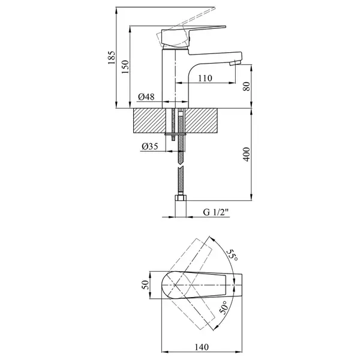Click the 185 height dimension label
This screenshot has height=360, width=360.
(111, 58)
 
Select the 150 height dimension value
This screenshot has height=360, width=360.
(125, 67)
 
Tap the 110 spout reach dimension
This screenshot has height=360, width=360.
(205, 78)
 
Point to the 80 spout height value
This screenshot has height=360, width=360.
(247, 86)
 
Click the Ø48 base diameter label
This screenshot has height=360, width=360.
(146, 97)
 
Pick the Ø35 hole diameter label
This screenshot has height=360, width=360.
(150, 146)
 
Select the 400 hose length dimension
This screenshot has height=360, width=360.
(247, 154)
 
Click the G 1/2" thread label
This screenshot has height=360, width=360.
(216, 212)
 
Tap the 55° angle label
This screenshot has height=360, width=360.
(232, 255)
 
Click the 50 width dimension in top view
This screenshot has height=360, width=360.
(145, 285)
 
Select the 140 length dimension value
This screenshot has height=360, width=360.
(202, 347)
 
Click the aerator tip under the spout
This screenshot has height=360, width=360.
(235, 63)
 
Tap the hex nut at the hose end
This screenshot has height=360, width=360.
(181, 197)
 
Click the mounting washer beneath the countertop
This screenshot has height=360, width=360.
(175, 134)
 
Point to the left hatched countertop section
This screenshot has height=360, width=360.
(149, 121)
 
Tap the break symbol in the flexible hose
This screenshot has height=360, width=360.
(181, 166)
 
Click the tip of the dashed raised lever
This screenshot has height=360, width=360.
(215, 8)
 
